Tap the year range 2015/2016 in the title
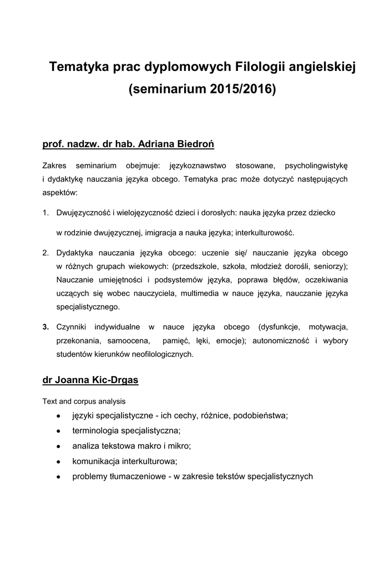(x=242, y=89)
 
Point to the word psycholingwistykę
(x=316, y=166)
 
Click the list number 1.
(x=45, y=212)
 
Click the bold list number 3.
(x=45, y=327)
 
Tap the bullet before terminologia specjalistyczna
(x=58, y=430)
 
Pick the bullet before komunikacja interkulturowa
(x=58, y=461)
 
